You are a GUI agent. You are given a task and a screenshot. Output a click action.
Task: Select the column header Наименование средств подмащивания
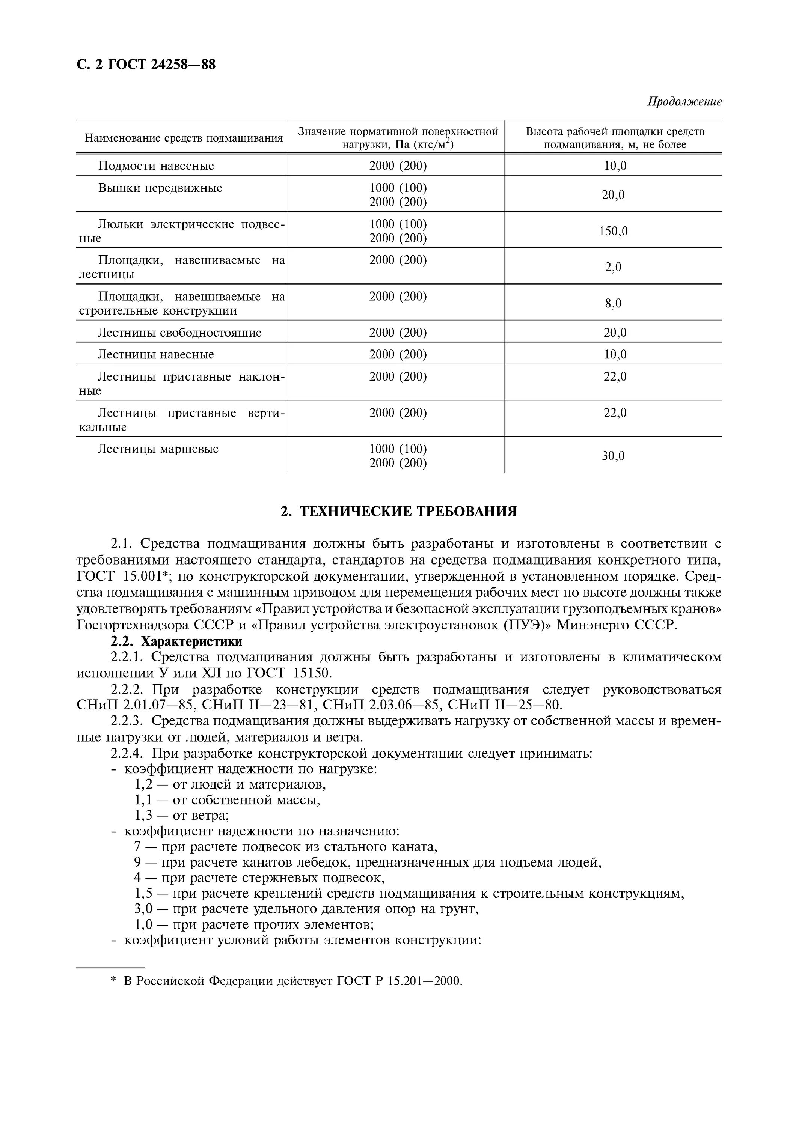tap(184, 138)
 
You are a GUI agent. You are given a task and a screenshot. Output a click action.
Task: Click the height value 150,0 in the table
tap(613, 231)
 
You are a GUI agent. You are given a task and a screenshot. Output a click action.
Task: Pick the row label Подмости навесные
tap(156, 166)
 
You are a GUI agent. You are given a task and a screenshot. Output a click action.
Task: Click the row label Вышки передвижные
tap(160, 188)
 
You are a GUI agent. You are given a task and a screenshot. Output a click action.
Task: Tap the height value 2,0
tap(613, 267)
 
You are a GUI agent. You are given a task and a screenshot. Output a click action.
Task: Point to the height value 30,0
tap(613, 456)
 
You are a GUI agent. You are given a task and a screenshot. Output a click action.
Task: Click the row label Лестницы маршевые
tap(158, 449)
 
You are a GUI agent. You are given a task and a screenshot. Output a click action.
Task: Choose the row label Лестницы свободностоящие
tap(179, 333)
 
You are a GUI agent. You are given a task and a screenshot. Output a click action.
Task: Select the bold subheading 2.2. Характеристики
tap(176, 641)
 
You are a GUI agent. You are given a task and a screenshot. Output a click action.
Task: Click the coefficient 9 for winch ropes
tap(137, 862)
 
